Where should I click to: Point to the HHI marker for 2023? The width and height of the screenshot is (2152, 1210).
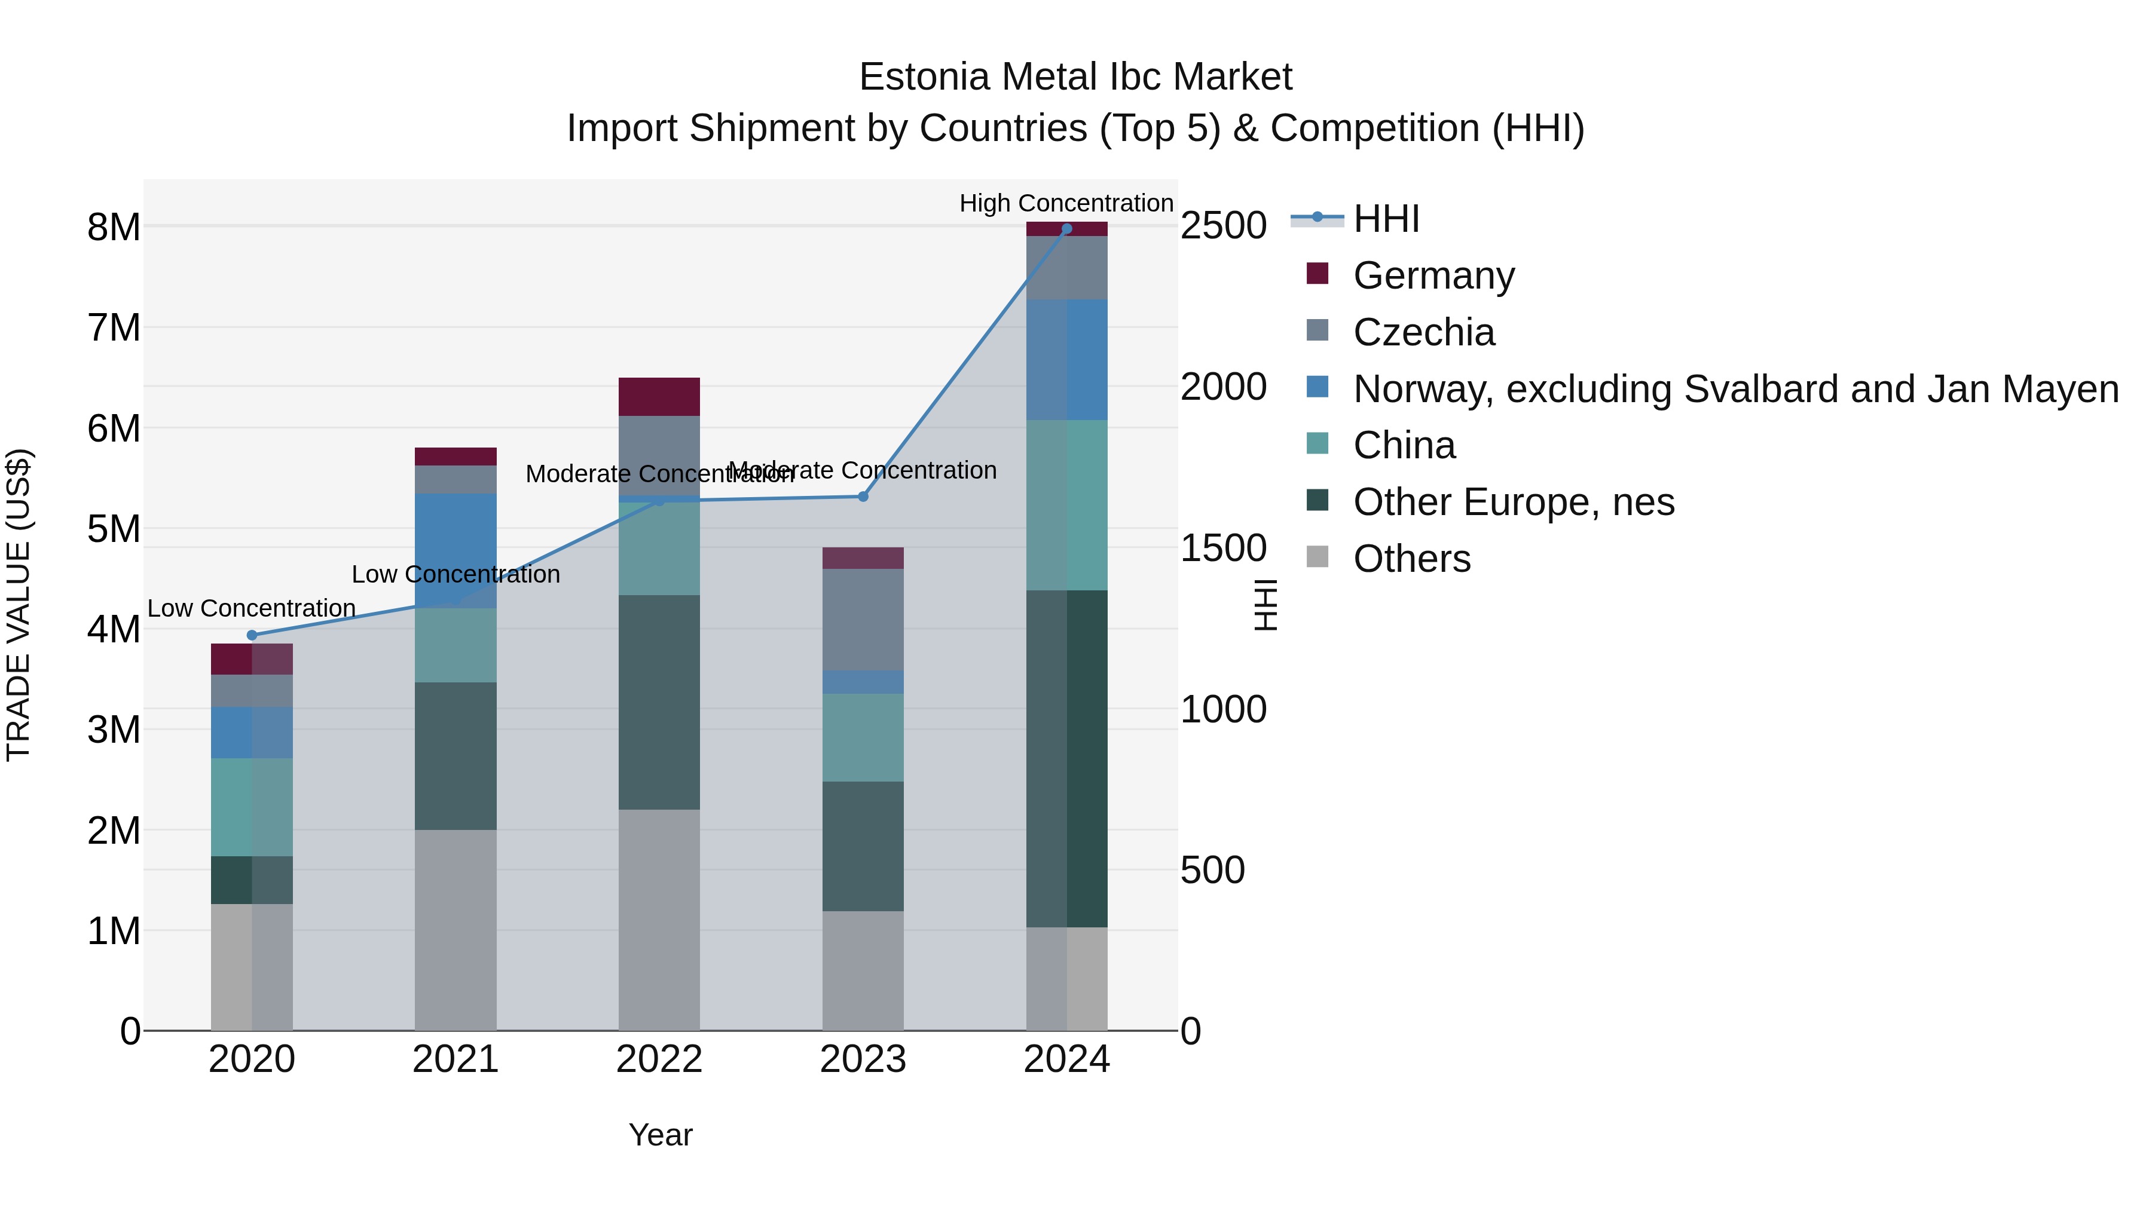coord(863,497)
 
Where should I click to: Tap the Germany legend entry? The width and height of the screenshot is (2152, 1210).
coord(1433,275)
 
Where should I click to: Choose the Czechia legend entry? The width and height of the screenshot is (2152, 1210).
coord(1423,332)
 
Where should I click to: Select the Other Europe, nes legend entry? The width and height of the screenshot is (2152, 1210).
coord(1513,502)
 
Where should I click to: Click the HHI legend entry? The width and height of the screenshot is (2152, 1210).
coord(1386,219)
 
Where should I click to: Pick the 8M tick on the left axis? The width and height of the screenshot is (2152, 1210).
coord(114,227)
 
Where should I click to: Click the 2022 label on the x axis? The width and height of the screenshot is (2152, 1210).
coord(659,1059)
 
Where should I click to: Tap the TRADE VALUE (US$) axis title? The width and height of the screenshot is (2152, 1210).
coord(19,605)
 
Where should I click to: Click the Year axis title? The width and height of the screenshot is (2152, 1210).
coord(660,1135)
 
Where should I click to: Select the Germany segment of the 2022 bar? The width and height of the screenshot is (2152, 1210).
coord(659,397)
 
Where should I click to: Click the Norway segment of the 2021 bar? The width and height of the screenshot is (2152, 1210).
coord(456,551)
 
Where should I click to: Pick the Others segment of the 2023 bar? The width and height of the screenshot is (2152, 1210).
coord(863,970)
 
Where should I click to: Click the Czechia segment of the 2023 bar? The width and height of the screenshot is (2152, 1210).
coord(863,620)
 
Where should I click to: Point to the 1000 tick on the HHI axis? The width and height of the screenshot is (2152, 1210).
coord(1223,709)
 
